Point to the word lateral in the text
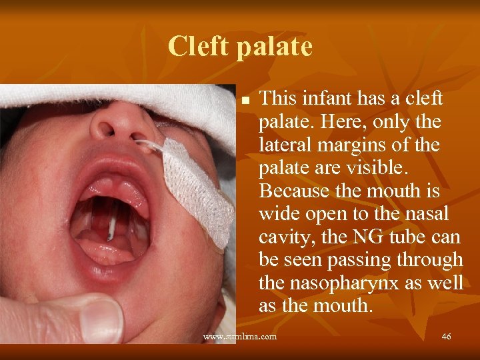(282, 145)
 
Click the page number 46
(446, 337)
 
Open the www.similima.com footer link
(239, 337)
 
